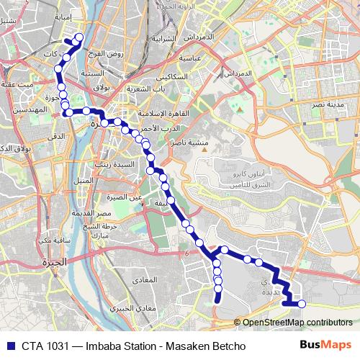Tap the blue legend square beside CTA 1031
click(x=10, y=346)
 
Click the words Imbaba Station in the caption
click(x=114, y=346)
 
